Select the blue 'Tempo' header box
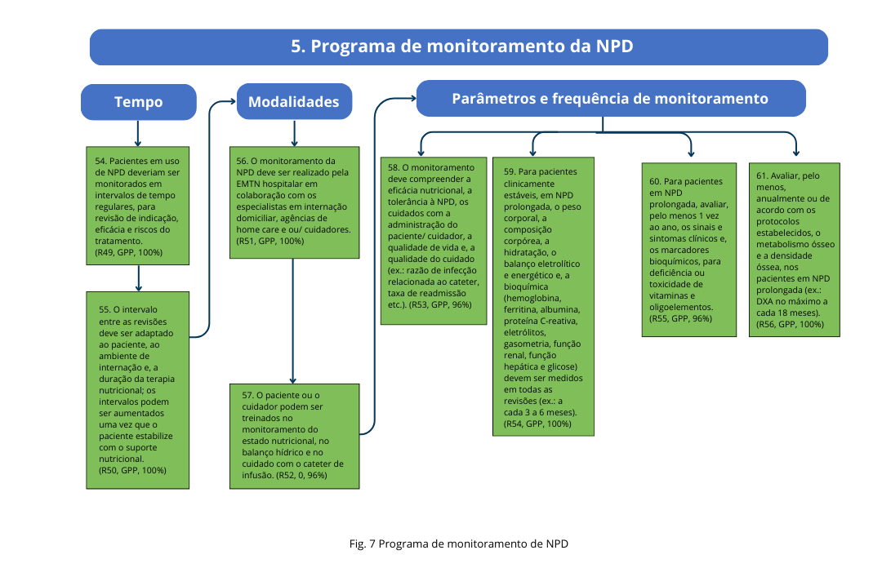(x=138, y=102)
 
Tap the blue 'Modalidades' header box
(x=293, y=102)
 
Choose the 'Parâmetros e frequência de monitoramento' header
(x=610, y=99)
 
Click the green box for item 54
(x=140, y=206)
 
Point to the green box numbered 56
(x=293, y=202)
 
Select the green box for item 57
(x=293, y=435)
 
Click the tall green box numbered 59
(x=542, y=295)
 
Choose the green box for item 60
(x=691, y=250)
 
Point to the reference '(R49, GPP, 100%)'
(x=129, y=252)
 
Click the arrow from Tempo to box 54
(x=138, y=133)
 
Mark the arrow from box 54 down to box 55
(x=140, y=277)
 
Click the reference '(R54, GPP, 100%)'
(x=538, y=424)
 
